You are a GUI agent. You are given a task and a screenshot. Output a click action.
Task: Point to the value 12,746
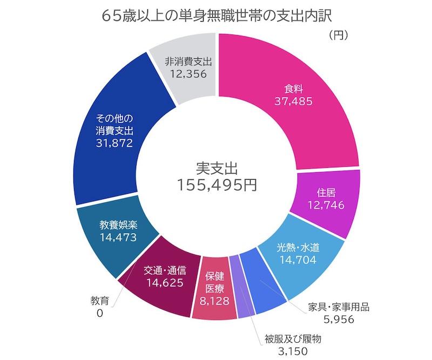[x=325, y=205]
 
